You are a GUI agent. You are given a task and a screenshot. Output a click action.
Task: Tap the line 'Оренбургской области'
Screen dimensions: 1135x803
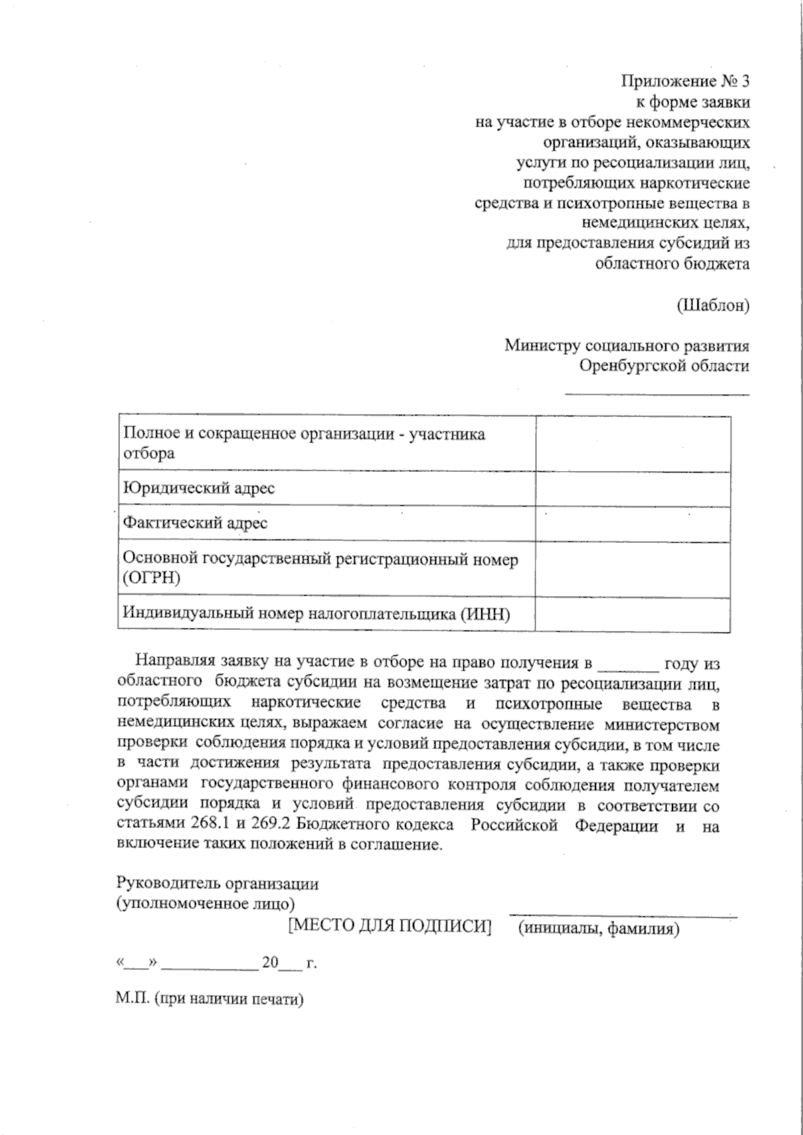664,366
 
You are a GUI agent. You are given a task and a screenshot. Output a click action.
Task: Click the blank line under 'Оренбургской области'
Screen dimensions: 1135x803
657,393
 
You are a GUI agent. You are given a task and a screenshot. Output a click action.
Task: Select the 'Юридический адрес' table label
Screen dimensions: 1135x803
199,488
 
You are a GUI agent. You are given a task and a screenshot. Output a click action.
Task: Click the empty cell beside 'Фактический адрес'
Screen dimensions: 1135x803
632,524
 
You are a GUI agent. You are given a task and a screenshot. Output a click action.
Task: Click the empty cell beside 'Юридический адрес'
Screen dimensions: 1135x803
632,489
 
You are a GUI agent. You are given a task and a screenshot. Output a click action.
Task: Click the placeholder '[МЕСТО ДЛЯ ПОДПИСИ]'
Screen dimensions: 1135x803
389,926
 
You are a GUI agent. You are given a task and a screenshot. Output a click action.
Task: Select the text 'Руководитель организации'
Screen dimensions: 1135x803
217,883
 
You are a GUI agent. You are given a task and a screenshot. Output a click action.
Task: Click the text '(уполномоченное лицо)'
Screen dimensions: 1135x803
205,903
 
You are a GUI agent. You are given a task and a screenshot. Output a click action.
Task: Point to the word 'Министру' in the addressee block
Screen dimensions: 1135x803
542,346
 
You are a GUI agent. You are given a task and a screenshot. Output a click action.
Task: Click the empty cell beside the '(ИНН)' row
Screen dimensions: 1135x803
632,614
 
